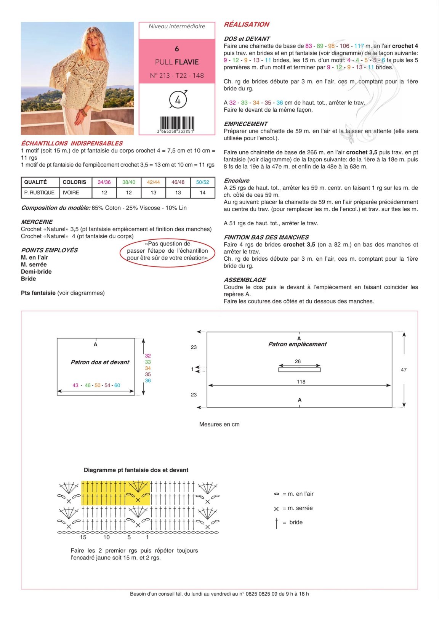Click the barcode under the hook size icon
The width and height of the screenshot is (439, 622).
click(177, 125)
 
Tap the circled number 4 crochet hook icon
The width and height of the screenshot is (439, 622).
click(178, 99)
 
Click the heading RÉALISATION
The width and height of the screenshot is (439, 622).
click(246, 24)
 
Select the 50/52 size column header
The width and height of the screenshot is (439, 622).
click(202, 182)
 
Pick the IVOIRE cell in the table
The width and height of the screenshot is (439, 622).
click(71, 192)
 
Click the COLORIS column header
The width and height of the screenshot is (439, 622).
click(74, 182)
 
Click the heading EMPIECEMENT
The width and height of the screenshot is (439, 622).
click(246, 124)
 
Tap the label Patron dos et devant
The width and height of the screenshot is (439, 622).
click(100, 362)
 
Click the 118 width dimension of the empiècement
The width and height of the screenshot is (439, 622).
click(301, 382)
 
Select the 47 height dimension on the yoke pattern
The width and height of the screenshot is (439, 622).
click(404, 370)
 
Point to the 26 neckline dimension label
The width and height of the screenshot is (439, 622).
click(298, 361)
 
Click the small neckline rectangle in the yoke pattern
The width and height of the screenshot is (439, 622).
click(299, 370)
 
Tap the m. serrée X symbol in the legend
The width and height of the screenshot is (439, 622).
click(276, 509)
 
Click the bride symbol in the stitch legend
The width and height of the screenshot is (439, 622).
click(277, 523)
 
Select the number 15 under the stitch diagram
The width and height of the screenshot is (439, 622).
click(83, 537)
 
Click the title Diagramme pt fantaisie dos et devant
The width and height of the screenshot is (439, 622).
click(136, 470)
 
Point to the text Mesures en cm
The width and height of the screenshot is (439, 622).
click(219, 424)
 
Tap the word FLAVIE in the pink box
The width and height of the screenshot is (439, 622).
click(188, 62)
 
